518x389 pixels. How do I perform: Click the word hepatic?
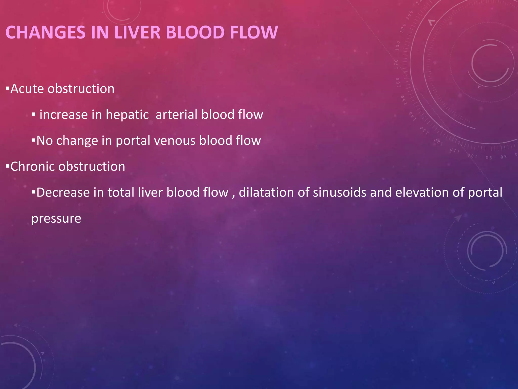127,115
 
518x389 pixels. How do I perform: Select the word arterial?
176,114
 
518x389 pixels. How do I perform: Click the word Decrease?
63,192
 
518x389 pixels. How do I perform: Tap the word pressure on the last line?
56,219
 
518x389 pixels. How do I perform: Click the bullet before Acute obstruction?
8,88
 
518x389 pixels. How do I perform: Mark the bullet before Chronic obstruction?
8,166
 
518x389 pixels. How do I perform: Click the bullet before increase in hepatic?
33,114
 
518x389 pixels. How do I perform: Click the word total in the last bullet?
121,192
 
